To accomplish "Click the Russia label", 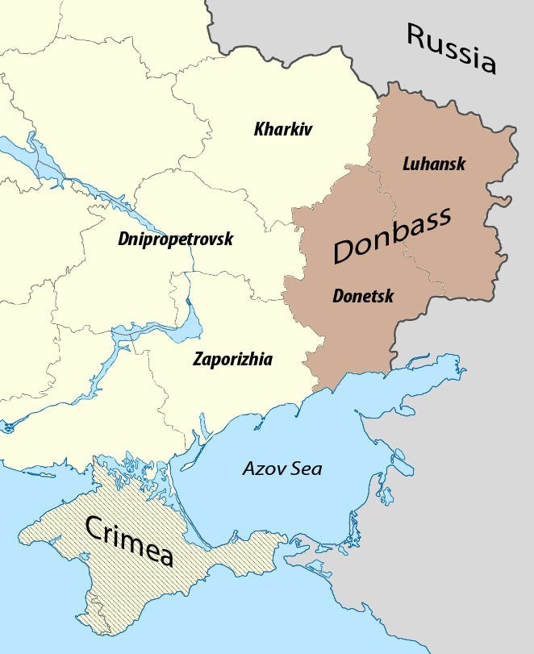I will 450,48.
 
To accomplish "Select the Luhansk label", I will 434,164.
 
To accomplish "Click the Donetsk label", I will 363,296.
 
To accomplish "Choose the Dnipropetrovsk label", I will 175,240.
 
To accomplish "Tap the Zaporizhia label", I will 232,359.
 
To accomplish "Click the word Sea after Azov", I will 306,469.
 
